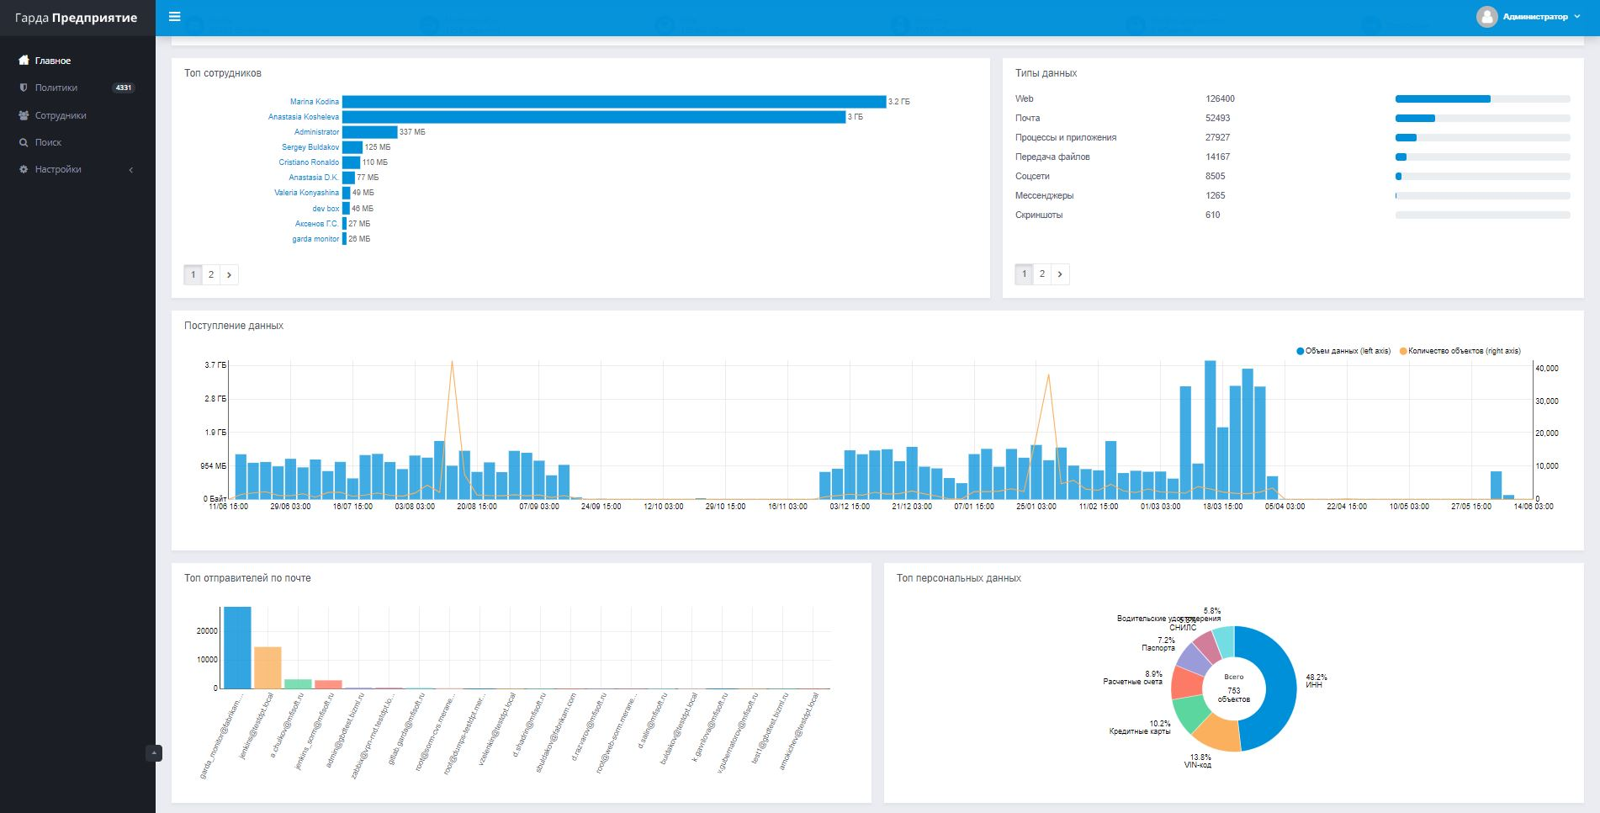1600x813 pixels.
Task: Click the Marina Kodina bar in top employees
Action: point(614,102)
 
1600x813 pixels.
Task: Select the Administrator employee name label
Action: point(316,132)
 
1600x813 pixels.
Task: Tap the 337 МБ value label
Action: point(412,132)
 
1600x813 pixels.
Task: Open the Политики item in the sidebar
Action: point(56,88)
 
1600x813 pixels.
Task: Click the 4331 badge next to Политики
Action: point(124,88)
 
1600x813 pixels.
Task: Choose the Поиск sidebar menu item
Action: point(48,142)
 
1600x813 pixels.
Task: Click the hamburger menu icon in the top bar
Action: point(175,17)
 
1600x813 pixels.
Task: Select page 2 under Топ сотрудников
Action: point(211,274)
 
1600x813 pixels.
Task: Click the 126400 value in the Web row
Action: point(1220,98)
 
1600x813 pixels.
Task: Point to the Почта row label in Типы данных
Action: point(1027,118)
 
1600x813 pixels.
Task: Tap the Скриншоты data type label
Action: point(1039,215)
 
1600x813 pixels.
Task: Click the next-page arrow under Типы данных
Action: point(1060,274)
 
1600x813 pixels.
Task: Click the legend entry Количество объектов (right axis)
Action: point(1464,351)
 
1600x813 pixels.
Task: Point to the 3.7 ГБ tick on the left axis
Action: point(215,365)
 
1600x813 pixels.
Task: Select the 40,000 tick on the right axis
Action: point(1547,369)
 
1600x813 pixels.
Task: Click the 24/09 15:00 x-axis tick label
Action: point(601,507)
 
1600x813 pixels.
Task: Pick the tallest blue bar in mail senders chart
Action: point(237,647)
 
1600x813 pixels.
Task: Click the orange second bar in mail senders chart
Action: point(268,667)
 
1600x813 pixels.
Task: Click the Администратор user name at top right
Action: point(1535,17)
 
